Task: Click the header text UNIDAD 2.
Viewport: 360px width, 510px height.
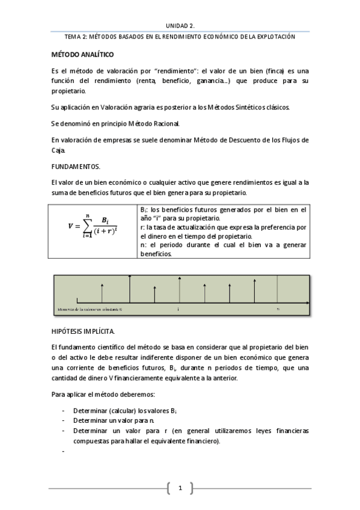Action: [x=180, y=25]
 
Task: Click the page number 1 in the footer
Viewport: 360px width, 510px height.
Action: [x=180, y=487]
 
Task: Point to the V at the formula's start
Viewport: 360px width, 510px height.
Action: [x=70, y=226]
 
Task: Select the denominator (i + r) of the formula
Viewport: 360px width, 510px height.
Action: [x=108, y=232]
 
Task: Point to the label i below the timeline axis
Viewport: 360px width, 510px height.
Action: [x=178, y=309]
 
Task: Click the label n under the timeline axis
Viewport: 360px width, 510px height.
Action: [x=278, y=309]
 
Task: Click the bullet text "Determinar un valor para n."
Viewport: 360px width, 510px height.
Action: [x=114, y=420]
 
